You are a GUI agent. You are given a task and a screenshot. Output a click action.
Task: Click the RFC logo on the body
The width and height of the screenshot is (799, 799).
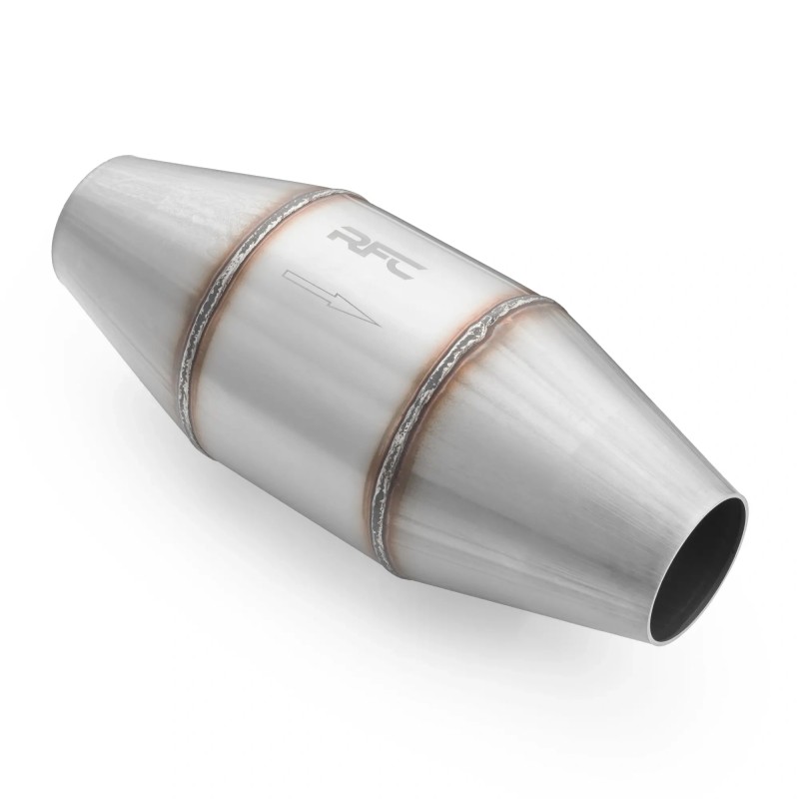379,252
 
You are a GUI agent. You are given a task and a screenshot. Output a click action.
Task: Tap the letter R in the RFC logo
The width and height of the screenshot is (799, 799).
349,237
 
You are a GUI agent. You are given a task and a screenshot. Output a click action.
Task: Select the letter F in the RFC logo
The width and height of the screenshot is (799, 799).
380,251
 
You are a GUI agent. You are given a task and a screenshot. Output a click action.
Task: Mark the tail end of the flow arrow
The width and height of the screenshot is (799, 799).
285,276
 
